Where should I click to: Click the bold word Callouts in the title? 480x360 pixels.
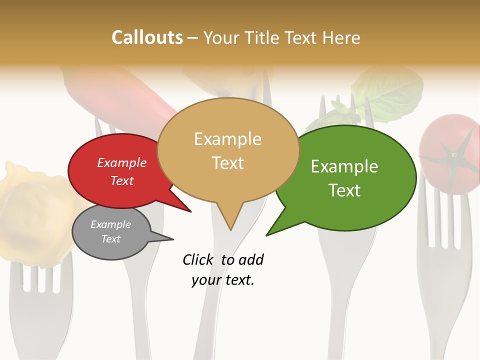[147, 37]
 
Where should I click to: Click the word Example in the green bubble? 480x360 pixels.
[344, 166]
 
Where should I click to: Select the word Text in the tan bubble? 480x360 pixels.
[228, 162]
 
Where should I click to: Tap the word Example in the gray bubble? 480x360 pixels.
[110, 224]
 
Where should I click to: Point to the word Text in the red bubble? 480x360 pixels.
[122, 180]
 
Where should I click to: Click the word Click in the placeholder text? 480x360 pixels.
[199, 259]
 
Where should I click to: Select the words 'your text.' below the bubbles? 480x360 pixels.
[223, 280]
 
